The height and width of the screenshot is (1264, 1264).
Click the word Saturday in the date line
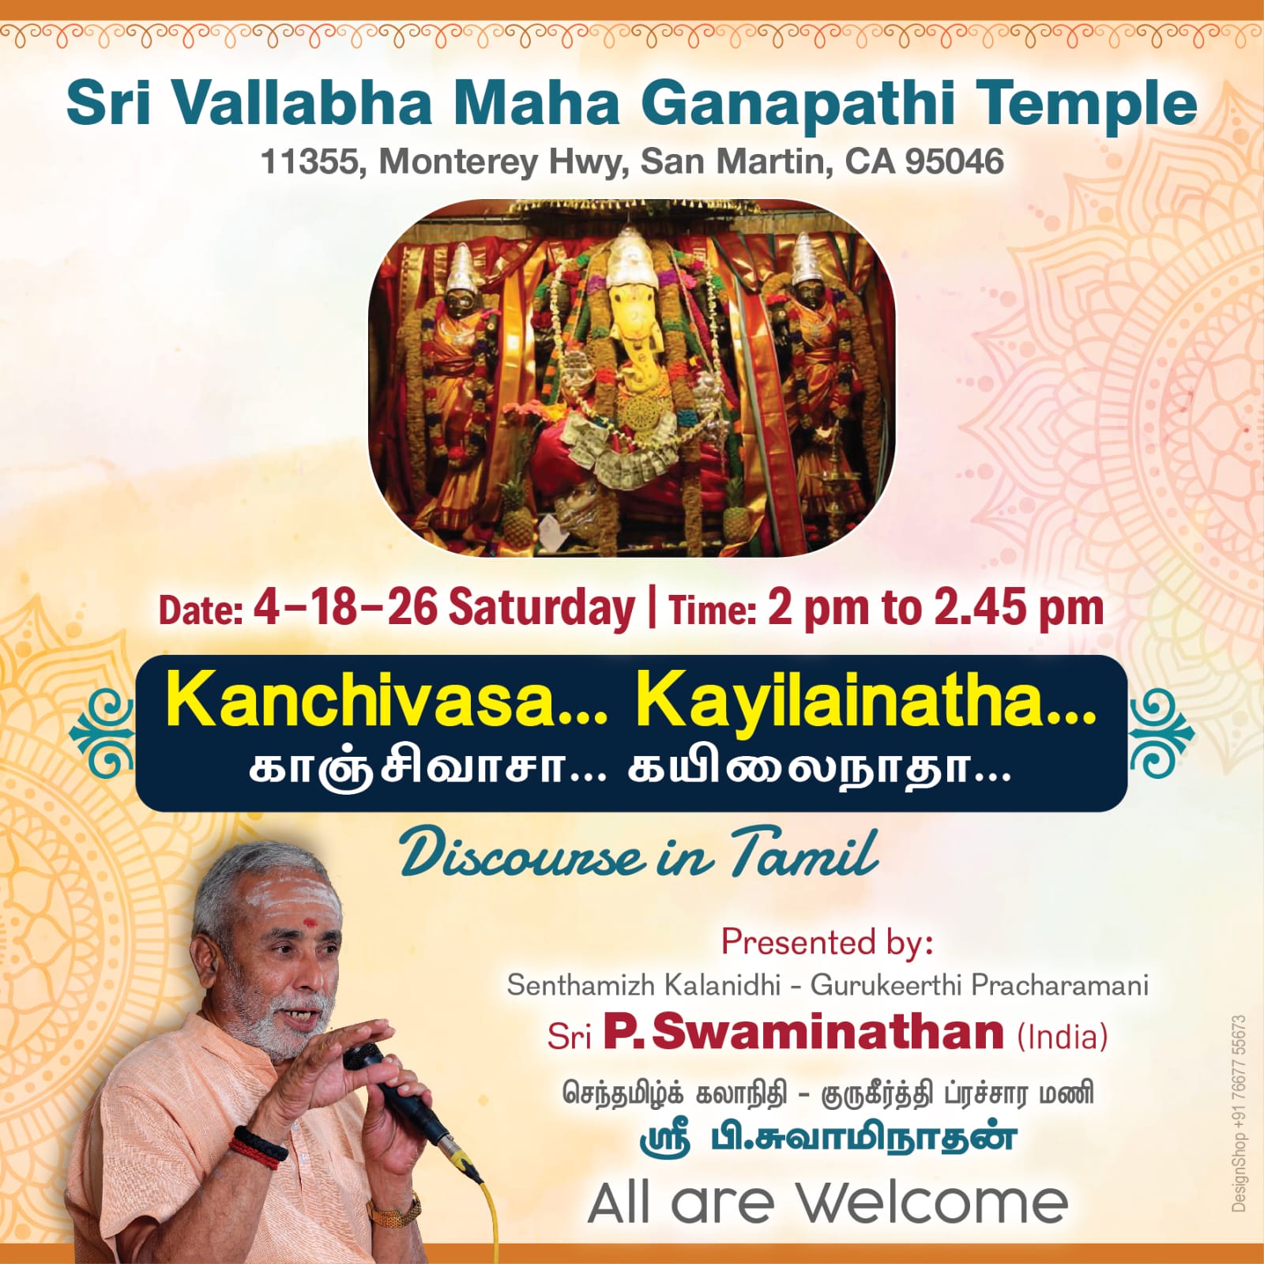(542, 608)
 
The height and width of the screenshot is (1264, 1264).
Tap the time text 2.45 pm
(1018, 609)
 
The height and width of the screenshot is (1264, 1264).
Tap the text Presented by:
(827, 942)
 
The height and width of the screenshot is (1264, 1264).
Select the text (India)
(1063, 1036)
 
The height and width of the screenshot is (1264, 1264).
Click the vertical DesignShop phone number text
(1238, 1113)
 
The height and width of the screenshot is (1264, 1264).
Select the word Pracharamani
(1059, 985)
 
